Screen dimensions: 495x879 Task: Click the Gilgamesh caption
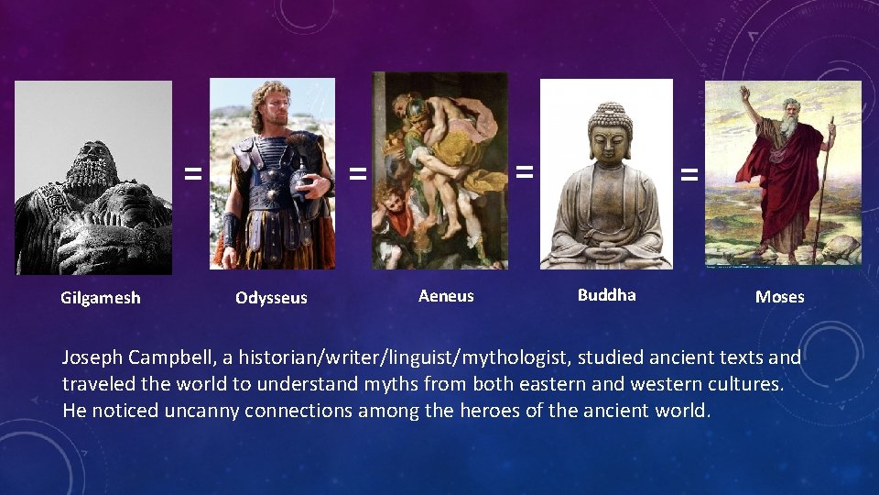tap(101, 298)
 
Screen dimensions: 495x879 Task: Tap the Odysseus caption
tap(271, 298)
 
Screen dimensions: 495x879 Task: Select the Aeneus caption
tap(446, 296)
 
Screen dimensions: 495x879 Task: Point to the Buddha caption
tap(606, 295)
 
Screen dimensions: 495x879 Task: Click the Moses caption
tap(779, 297)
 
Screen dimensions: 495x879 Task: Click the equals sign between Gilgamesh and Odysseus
tap(191, 172)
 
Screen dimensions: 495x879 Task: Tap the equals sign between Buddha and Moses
tap(689, 172)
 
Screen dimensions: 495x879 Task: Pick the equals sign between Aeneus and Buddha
tap(524, 170)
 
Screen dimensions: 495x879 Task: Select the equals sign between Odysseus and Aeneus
tap(357, 172)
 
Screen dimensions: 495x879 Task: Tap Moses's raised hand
tap(745, 93)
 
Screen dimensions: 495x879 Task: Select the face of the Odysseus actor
tap(274, 106)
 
